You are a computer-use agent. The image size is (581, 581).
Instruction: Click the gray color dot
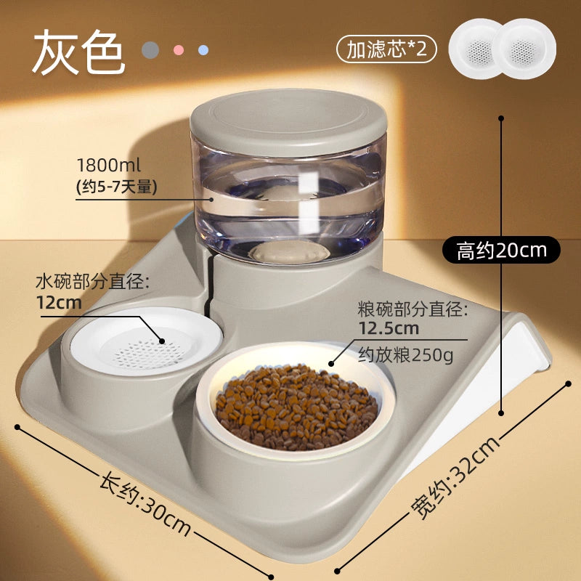pyautogui.click(x=150, y=50)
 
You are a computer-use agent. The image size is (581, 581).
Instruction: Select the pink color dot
pyautogui.click(x=179, y=50)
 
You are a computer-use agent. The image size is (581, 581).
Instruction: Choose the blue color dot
pyautogui.click(x=203, y=50)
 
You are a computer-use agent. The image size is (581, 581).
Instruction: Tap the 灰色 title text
pyautogui.click(x=78, y=52)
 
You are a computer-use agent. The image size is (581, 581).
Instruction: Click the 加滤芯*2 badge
pyautogui.click(x=386, y=49)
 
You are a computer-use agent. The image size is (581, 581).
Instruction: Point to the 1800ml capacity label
pyautogui.click(x=108, y=165)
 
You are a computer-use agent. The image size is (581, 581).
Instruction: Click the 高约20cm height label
pyautogui.click(x=501, y=250)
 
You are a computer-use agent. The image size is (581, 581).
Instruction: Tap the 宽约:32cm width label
pyautogui.click(x=455, y=478)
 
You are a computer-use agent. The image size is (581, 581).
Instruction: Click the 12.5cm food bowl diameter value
pyautogui.click(x=389, y=328)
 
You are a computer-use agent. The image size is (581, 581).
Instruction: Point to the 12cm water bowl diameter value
pyautogui.click(x=59, y=302)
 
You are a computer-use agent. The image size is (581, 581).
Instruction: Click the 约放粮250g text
pyautogui.click(x=405, y=355)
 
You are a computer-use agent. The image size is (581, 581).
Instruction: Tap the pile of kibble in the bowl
pyautogui.click(x=296, y=407)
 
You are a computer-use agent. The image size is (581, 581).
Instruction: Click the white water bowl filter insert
pyautogui.click(x=147, y=341)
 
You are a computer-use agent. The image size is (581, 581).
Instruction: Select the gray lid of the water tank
pyautogui.click(x=288, y=121)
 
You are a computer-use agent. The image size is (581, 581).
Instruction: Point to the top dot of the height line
pyautogui.click(x=501, y=118)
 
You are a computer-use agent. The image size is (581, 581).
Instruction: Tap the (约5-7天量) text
pyautogui.click(x=117, y=187)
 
